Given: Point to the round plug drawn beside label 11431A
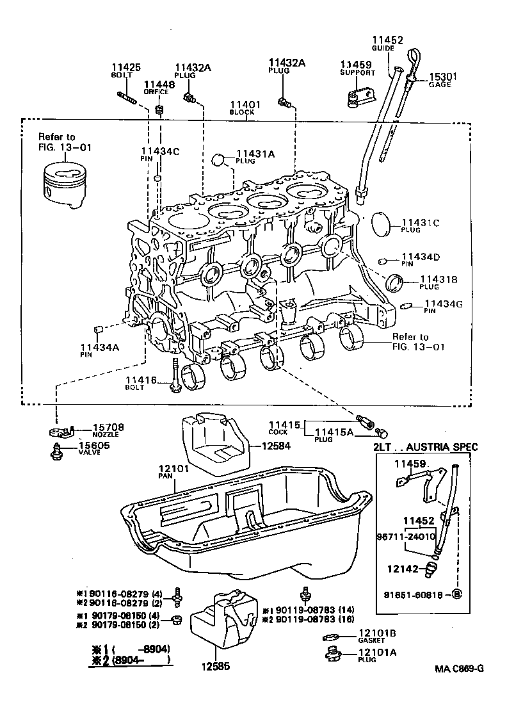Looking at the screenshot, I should tap(220, 158).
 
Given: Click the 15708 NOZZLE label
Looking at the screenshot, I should tap(109, 428).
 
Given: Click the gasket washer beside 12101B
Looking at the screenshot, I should tap(330, 637).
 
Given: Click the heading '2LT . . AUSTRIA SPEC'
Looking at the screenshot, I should tap(425, 447).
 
